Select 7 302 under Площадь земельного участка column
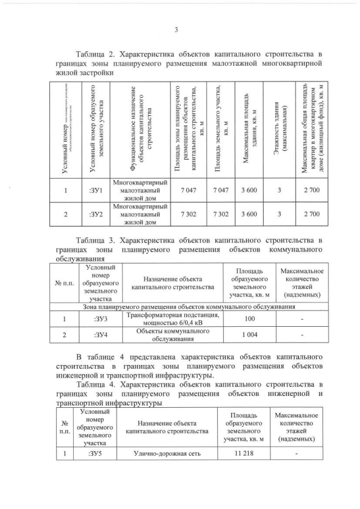coord(219,215)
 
